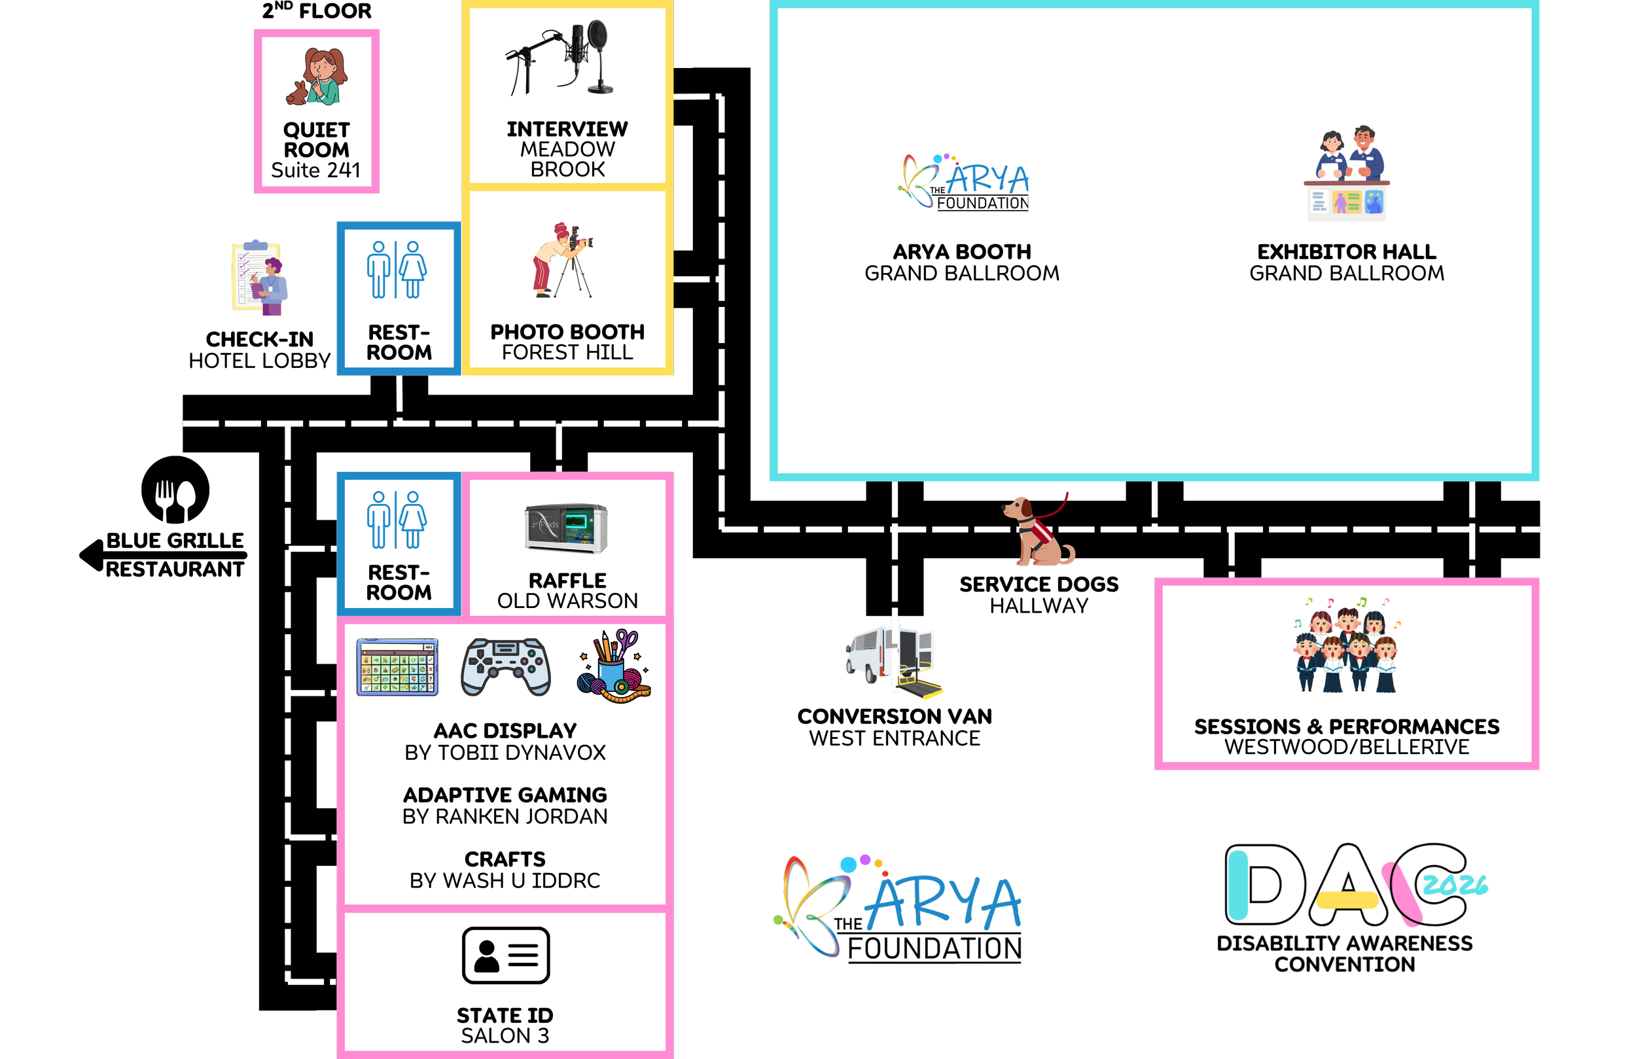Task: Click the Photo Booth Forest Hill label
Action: [x=567, y=342]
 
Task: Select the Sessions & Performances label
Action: [x=1346, y=736]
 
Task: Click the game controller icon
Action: [x=505, y=667]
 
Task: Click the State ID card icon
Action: [x=505, y=955]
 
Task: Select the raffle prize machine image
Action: [x=567, y=528]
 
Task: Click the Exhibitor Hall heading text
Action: [x=1346, y=252]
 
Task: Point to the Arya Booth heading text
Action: [x=962, y=252]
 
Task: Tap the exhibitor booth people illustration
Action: [x=1346, y=173]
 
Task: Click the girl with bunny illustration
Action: [x=317, y=77]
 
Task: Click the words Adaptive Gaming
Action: [x=505, y=795]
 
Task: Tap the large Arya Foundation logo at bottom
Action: [x=900, y=908]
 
